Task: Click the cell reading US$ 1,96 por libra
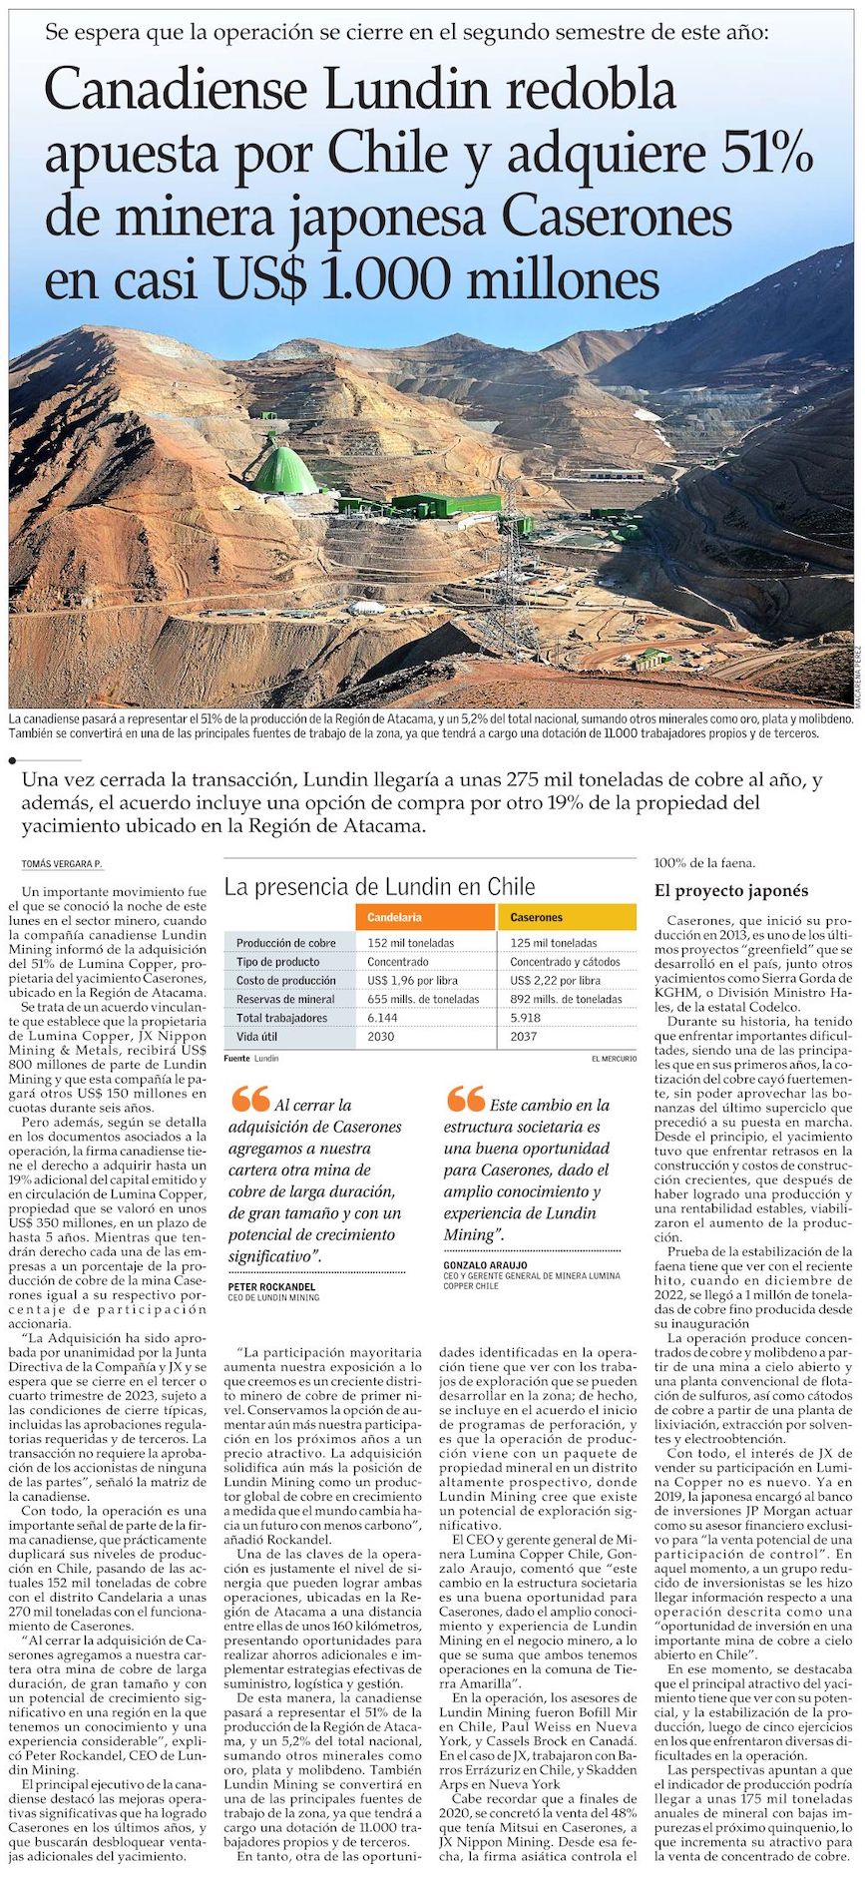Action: coord(412,981)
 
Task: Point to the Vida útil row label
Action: coord(257,1037)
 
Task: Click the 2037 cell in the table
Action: coord(524,1037)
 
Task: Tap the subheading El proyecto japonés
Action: coord(731,891)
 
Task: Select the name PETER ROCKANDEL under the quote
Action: coord(271,1287)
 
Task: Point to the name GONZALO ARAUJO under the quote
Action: coord(486,1265)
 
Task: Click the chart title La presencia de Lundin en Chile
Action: coord(379,887)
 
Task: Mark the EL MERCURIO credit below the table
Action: coord(613,1058)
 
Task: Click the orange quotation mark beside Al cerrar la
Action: coord(249,1101)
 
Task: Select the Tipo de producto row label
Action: coord(278,962)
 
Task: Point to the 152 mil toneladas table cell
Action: coord(410,943)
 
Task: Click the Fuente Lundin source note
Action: coord(251,1058)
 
